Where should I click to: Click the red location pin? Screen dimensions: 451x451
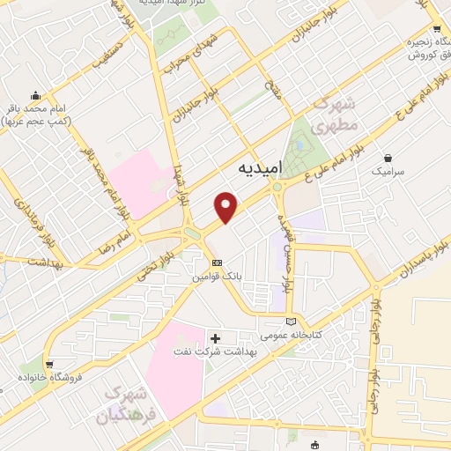(227, 206)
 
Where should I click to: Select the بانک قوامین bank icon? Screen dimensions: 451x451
(217, 262)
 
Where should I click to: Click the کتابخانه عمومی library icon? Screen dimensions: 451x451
(304, 322)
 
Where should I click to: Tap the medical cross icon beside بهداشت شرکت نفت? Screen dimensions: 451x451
(216, 337)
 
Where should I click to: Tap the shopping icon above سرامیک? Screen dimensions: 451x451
(387, 157)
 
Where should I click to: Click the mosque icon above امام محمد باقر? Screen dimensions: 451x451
(35, 95)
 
